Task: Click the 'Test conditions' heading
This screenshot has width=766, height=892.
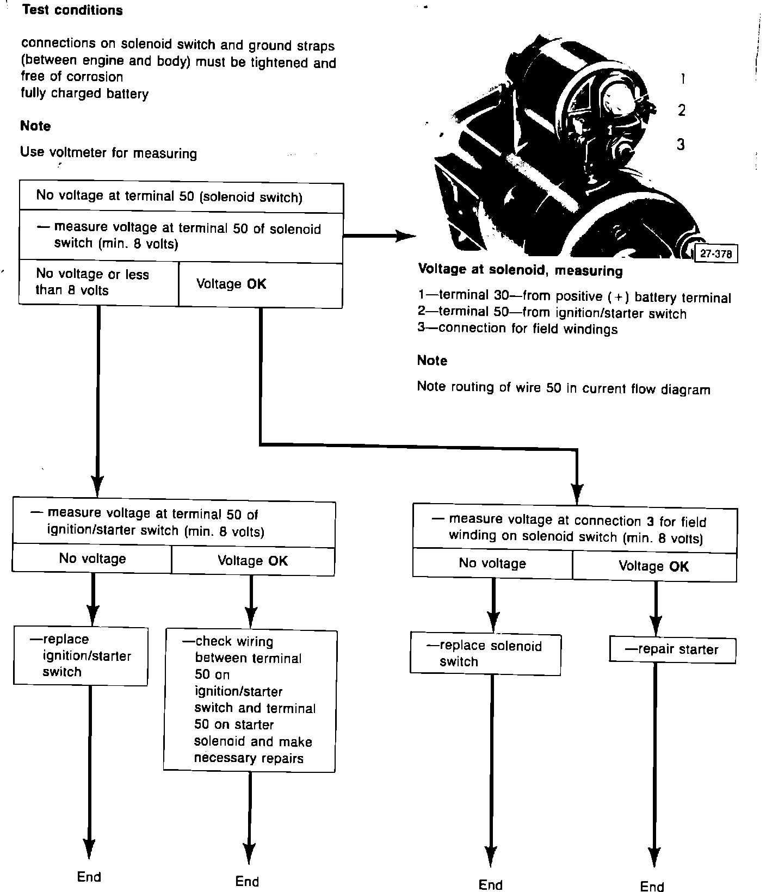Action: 72,10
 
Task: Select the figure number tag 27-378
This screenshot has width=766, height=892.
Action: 715,253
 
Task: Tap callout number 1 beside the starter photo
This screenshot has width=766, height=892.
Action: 682,79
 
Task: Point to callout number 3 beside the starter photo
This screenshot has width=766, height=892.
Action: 681,145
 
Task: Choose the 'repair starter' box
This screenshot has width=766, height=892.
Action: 672,649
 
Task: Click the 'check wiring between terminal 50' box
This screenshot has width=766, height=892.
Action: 249,700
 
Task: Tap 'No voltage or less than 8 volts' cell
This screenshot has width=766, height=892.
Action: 98,282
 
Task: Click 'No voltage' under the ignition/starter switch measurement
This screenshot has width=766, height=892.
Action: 92,559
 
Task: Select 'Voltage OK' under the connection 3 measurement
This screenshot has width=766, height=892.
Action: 653,566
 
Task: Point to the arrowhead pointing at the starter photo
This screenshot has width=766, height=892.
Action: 405,236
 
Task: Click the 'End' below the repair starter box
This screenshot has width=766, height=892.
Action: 652,887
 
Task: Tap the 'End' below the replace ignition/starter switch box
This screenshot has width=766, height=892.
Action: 89,877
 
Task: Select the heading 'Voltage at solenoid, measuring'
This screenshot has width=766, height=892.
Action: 520,270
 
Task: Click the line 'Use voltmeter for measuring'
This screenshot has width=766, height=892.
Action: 108,153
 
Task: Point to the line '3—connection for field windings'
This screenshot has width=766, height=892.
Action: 517,329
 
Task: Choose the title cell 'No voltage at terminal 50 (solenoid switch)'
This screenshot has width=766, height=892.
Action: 169,196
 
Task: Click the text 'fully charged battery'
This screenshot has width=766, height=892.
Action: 84,94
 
